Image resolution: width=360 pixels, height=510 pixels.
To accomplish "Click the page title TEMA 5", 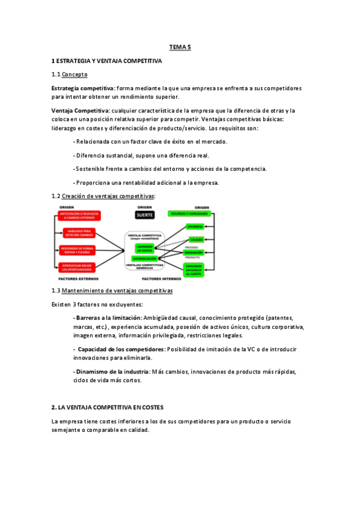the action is (x=179, y=46).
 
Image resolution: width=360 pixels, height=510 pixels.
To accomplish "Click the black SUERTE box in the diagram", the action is (x=144, y=214).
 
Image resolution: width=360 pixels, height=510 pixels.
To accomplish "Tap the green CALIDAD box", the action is (x=195, y=239).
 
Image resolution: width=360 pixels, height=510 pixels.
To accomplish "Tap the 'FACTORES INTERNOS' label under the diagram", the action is (x=162, y=279).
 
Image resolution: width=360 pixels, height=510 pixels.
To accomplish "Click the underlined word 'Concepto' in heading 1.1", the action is (x=75, y=75).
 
